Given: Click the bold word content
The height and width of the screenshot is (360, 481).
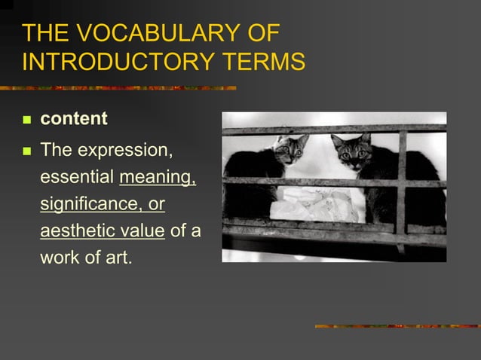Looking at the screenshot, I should [74, 119].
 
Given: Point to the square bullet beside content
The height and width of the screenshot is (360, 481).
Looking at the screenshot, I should [27, 120].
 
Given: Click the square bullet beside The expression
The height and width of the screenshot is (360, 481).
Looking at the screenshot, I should [27, 151].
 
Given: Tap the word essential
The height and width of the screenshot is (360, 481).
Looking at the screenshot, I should [76, 178].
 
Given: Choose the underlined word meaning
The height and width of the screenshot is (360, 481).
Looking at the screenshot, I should [158, 178].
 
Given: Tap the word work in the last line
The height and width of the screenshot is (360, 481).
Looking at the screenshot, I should [60, 257].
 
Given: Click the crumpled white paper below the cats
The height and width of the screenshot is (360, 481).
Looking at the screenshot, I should [313, 203].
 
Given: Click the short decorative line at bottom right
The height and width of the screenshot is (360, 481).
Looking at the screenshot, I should [397, 326].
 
